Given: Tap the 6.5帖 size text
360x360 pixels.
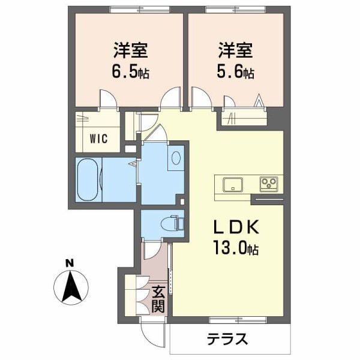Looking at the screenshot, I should coord(129,73).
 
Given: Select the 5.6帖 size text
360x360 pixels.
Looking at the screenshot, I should coord(236,73).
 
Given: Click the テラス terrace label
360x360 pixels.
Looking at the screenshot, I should coord(227,339).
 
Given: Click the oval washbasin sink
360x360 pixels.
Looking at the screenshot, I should coord(176,158).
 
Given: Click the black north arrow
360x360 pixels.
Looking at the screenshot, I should coord(71,286).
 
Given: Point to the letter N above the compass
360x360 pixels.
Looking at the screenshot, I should coord(70,263).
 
